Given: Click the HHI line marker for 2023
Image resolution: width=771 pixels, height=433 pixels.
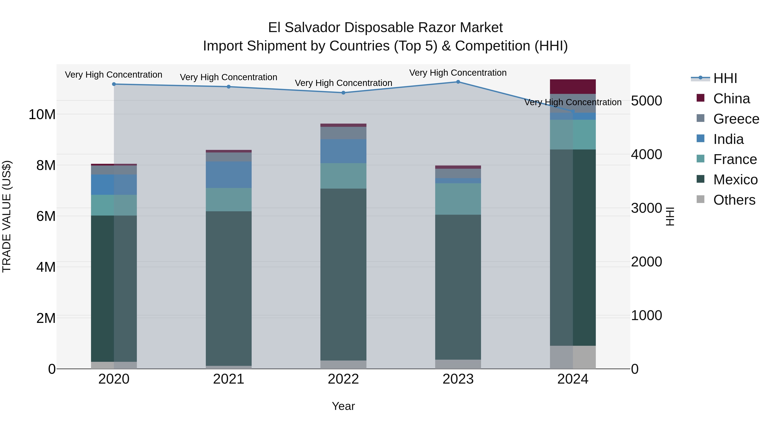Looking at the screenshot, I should pos(458,82).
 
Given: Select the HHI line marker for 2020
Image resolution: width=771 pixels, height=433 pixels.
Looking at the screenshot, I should pos(114,84).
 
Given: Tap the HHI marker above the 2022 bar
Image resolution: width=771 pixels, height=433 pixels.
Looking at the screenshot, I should pos(343,93).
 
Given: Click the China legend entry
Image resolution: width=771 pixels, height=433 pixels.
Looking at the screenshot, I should pos(731,99).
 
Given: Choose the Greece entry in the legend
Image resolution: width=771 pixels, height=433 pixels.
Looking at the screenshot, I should pos(736,119).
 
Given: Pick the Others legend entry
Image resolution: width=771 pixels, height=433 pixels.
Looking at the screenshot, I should pos(734,200).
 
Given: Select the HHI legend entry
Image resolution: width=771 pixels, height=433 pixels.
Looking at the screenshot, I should pos(725,78).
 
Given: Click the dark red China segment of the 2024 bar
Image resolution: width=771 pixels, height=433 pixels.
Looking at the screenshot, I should pos(572,87).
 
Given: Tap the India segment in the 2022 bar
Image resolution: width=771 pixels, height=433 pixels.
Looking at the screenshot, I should pos(343,151).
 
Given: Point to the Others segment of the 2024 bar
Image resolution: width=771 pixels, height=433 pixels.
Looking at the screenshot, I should pos(572,357).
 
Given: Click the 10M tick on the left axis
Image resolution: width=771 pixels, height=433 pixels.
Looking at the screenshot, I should pos(42,114).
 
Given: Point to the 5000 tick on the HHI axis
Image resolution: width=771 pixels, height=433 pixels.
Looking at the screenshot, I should pos(647,101).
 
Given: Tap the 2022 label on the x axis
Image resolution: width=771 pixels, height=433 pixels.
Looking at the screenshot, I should pos(343,379).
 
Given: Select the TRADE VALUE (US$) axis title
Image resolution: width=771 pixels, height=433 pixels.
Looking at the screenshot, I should pos(7,216).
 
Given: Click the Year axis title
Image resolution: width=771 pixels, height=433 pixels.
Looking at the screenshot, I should pos(343,406).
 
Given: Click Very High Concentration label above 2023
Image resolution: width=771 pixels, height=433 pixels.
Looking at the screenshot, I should pos(458,73).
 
